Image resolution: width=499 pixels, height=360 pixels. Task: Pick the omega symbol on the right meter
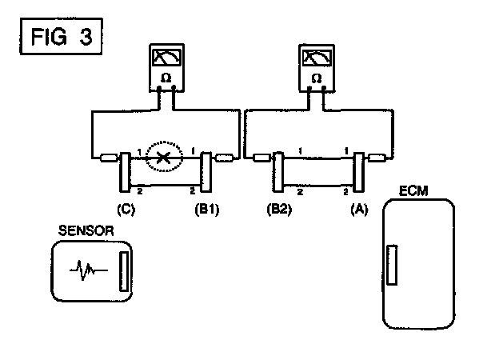[x=316, y=78]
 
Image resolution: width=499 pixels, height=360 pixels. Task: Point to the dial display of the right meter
[x=316, y=58]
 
